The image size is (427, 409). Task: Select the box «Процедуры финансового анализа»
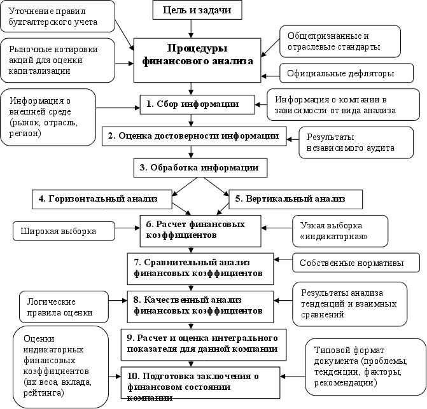click(197, 59)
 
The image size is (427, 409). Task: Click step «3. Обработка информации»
click(200, 169)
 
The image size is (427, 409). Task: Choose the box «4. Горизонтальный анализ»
click(102, 199)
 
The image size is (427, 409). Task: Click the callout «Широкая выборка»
click(59, 232)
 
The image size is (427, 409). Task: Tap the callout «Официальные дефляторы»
click(340, 73)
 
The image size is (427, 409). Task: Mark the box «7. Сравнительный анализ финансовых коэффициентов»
click(198, 268)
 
